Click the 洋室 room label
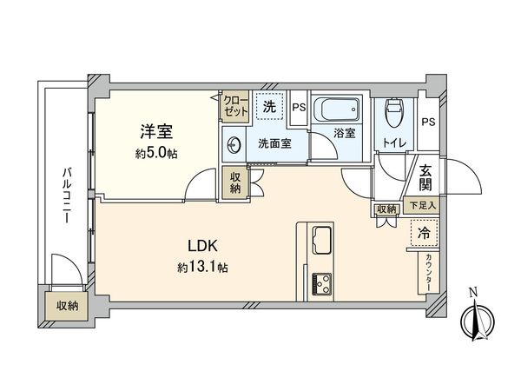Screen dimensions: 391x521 coord(157,132)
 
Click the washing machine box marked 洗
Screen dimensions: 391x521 coord(271,109)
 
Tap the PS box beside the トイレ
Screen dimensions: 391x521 coord(427,122)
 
